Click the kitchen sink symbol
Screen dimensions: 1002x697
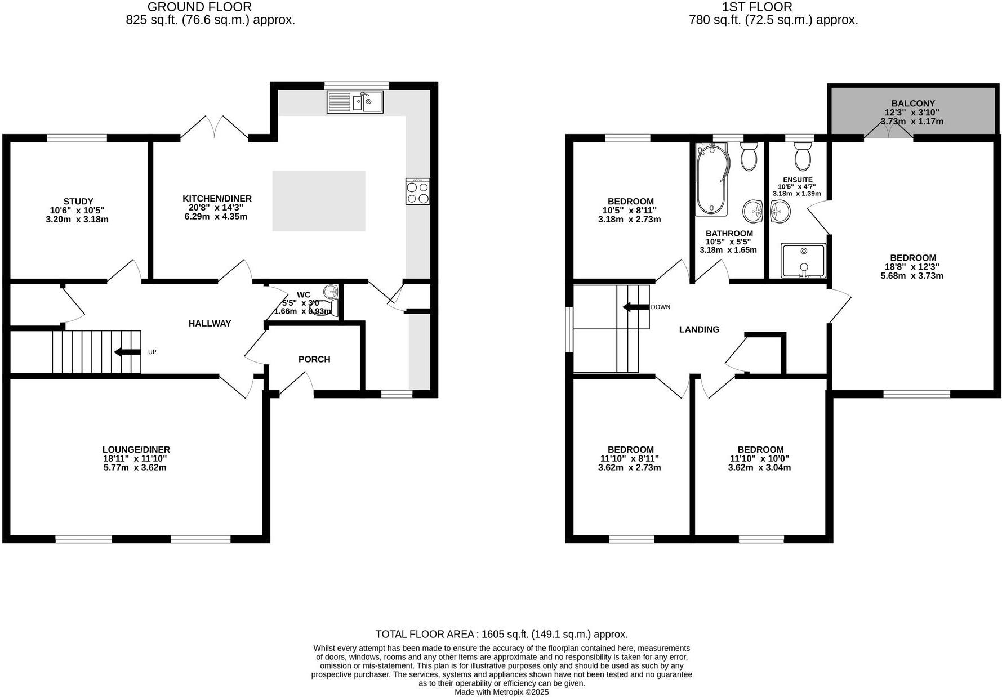(x=355, y=102)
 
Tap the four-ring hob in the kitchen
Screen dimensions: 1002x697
(x=417, y=191)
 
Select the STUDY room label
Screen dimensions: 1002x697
(x=78, y=201)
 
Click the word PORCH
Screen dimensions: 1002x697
(x=314, y=359)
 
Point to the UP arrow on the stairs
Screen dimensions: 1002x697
(x=127, y=352)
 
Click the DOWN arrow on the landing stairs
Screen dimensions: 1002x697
(x=636, y=307)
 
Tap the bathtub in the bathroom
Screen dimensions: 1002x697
(x=712, y=179)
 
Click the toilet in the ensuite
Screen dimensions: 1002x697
(x=803, y=155)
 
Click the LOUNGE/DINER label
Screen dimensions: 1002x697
(x=136, y=450)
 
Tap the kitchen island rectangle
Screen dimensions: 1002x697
(x=319, y=201)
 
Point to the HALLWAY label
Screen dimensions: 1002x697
(x=210, y=324)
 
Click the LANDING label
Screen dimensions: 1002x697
(x=699, y=330)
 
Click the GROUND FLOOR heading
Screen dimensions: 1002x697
(x=199, y=7)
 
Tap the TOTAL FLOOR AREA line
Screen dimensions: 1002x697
(x=502, y=635)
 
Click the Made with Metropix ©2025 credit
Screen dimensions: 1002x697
(x=502, y=692)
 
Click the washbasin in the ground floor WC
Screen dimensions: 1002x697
(x=331, y=292)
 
